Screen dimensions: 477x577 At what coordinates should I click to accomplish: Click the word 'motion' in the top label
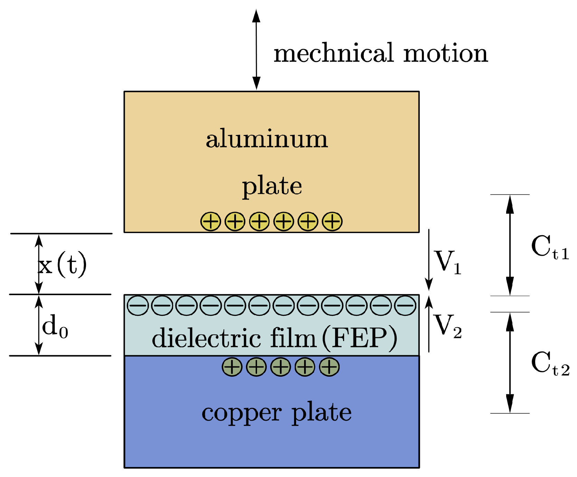[x=445, y=54]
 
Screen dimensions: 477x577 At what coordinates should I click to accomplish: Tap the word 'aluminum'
[x=267, y=139]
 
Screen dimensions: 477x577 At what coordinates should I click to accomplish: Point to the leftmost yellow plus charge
[x=211, y=221]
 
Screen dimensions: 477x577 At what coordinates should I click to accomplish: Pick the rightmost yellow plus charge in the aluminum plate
[x=332, y=221]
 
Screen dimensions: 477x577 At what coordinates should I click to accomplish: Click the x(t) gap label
[x=62, y=265]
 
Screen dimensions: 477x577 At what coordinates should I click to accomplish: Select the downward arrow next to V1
[x=429, y=259]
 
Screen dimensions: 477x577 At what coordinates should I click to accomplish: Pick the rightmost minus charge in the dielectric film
[x=405, y=305]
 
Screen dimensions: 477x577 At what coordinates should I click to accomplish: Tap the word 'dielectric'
[x=206, y=338]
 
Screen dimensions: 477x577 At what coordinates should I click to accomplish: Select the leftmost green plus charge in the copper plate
[x=232, y=367]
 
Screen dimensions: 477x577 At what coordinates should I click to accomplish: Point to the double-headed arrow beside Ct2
[x=510, y=363]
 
